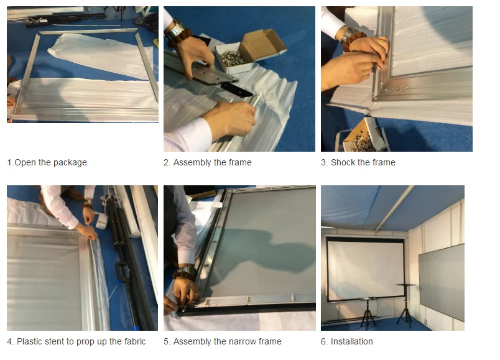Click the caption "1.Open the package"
47,163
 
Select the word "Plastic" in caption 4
29,341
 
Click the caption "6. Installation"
346,341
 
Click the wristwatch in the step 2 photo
175,29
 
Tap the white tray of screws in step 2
232,57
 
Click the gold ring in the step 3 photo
381,42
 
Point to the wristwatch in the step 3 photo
349,34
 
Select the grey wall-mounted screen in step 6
442,282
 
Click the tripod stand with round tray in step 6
405,304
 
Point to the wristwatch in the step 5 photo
186,272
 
